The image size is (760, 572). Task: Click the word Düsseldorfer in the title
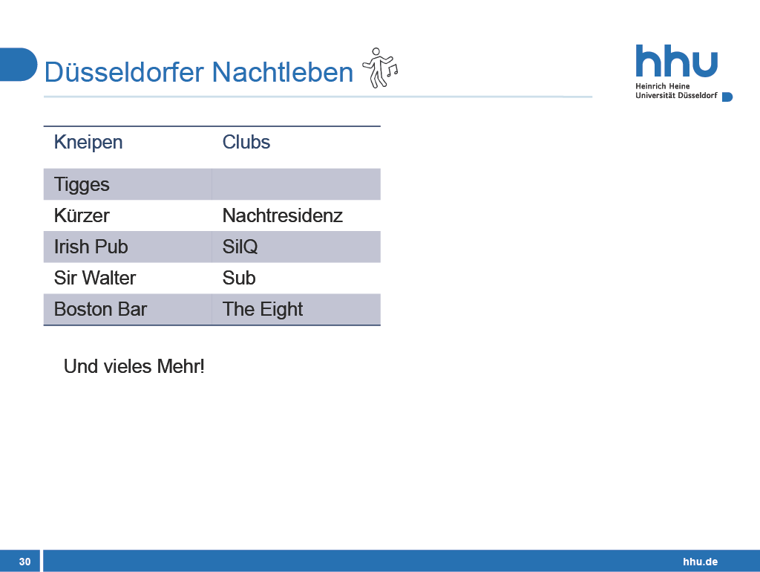tap(125, 72)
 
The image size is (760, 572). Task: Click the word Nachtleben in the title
tap(283, 72)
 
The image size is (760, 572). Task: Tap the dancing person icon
tap(380, 68)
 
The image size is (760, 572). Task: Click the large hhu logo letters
tap(676, 61)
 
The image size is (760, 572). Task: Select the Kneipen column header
tap(88, 142)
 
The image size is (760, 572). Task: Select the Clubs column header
tap(246, 142)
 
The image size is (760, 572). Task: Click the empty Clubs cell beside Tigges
tap(296, 184)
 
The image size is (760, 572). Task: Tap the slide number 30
tap(24, 562)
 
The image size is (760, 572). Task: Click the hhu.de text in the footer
tap(701, 562)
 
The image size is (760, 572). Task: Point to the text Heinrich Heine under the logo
tap(663, 86)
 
